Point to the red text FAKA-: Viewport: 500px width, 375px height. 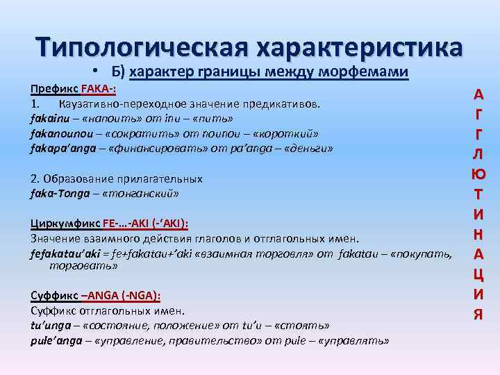[x=98, y=90]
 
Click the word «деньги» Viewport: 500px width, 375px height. [x=306, y=148]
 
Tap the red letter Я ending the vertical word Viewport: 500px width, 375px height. [x=478, y=314]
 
